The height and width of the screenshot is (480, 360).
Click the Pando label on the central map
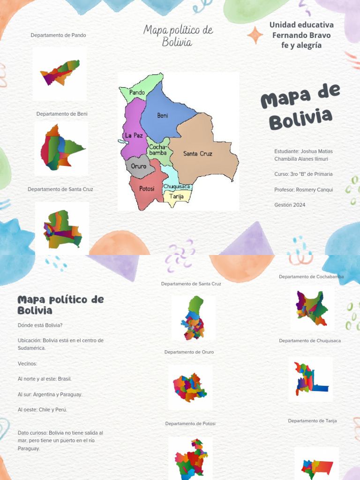[x=137, y=93]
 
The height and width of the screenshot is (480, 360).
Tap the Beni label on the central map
[x=162, y=116]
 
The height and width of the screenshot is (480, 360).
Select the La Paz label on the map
[x=134, y=135]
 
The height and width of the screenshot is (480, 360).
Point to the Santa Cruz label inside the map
[x=197, y=154]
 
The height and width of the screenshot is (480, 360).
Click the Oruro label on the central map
[x=138, y=166]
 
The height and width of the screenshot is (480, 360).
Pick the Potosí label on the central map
[x=147, y=189]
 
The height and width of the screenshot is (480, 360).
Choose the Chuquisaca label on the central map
[x=177, y=187]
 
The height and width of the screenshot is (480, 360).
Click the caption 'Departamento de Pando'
[x=58, y=35]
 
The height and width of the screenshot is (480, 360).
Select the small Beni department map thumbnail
[x=61, y=147]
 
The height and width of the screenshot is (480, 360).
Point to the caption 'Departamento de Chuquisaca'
[x=310, y=341]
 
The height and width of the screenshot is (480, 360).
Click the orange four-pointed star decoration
[x=255, y=35]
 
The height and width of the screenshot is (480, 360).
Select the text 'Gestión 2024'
[x=290, y=205]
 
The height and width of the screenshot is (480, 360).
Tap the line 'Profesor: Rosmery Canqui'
[x=304, y=190]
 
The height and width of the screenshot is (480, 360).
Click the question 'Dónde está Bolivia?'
[x=40, y=325]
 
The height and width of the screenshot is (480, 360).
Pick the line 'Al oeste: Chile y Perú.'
[x=42, y=410]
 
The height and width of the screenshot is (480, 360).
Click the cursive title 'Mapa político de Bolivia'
[x=178, y=36]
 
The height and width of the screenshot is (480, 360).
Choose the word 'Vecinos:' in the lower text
[x=27, y=364]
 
